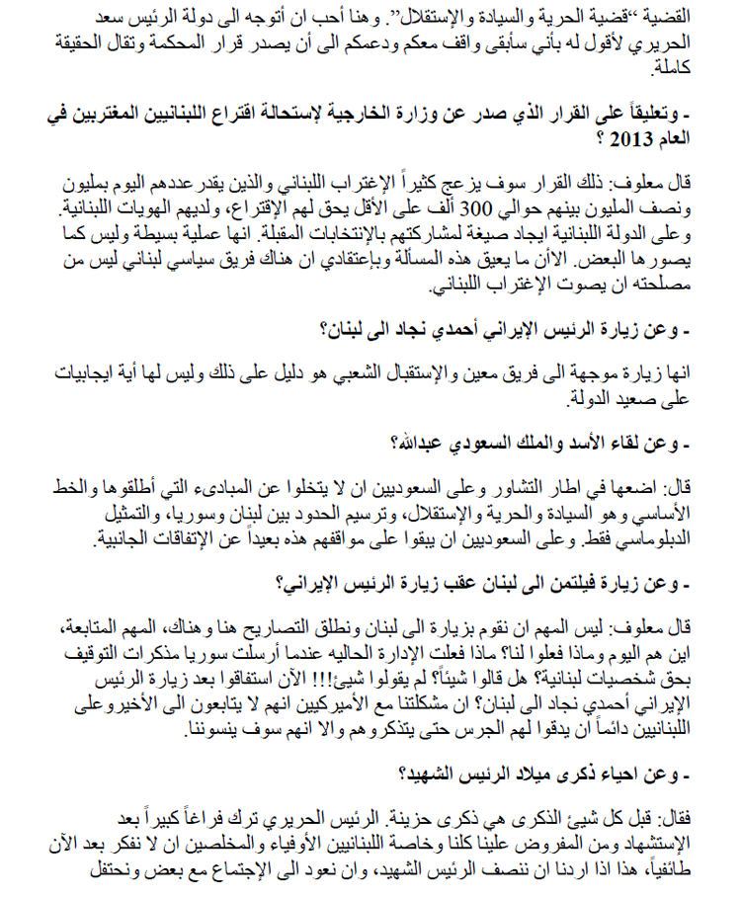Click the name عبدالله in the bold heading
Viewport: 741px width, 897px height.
(420, 440)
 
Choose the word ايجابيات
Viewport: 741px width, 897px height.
(79, 373)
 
